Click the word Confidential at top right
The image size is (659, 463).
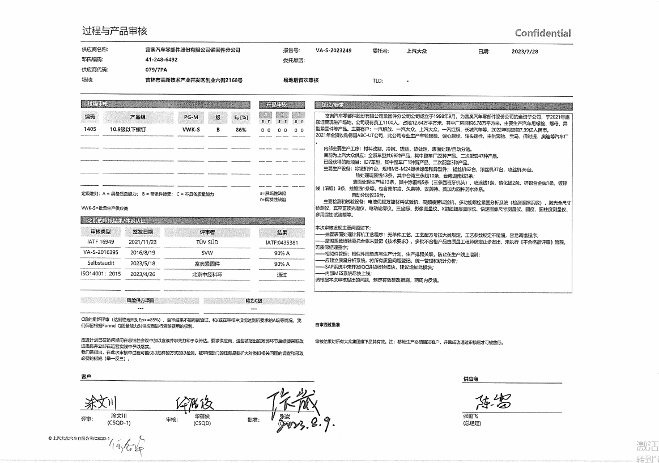point(542,33)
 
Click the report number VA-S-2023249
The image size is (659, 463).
point(333,50)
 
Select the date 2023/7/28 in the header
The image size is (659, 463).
point(525,51)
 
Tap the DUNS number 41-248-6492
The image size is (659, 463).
point(161,60)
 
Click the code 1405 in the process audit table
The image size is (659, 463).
point(90,129)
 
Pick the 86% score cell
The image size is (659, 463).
point(241,130)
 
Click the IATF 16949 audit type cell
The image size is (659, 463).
point(103,242)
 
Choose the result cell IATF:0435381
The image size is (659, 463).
point(282,243)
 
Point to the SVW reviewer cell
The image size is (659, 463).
point(207,253)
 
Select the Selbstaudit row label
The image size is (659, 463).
point(103,264)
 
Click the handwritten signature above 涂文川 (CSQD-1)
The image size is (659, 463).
point(100,403)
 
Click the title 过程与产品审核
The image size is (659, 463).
point(114,31)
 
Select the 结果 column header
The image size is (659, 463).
point(282,232)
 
